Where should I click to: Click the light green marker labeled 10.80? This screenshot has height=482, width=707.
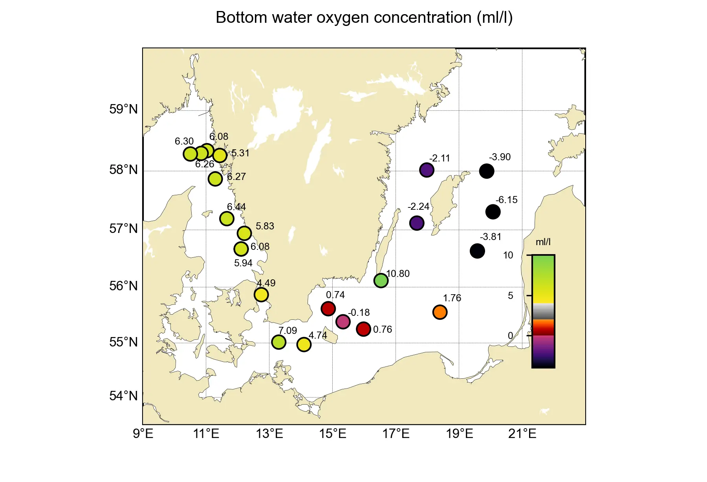[x=381, y=280]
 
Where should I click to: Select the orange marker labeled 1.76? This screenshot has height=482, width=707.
[x=440, y=312]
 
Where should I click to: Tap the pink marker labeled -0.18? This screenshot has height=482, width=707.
[x=343, y=322]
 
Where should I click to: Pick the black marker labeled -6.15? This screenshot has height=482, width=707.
[x=493, y=212]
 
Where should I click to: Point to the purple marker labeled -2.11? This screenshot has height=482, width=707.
[x=427, y=170]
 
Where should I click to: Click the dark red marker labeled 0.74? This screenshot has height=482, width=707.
[x=328, y=309]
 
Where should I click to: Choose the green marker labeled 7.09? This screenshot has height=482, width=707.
[x=278, y=342]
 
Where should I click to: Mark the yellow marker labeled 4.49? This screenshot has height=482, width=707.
[x=261, y=295]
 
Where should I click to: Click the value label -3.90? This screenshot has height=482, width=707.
[x=500, y=157]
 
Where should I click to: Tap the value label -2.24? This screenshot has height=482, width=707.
[x=418, y=207]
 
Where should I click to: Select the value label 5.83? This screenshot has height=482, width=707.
[x=265, y=226]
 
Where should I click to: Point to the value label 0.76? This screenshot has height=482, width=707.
[x=382, y=330]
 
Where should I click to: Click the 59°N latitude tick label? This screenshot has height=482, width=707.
[x=123, y=109]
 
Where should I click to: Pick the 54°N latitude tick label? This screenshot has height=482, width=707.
[x=123, y=396]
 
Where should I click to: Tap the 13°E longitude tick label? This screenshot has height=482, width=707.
[x=269, y=434]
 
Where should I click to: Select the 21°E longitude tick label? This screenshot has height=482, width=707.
[x=522, y=434]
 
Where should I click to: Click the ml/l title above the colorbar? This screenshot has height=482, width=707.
[x=543, y=242]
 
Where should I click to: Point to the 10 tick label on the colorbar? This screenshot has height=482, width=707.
[x=508, y=255]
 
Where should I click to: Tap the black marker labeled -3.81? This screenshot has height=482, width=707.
[x=477, y=251]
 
